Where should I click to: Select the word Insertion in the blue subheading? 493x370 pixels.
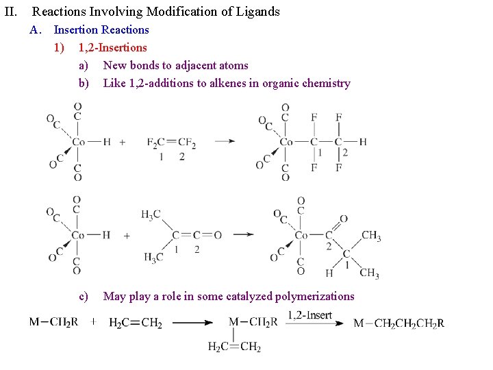click(x=76, y=29)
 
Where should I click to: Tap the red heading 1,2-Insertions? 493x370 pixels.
click(x=112, y=47)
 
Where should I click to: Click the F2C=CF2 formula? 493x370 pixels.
click(x=171, y=143)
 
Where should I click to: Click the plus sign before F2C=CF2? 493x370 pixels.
click(x=123, y=143)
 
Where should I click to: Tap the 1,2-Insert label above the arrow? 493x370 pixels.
click(x=309, y=314)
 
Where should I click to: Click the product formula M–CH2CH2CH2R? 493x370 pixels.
click(x=399, y=323)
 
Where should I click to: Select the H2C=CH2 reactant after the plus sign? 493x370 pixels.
click(x=135, y=323)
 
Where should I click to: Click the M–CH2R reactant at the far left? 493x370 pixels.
click(x=53, y=321)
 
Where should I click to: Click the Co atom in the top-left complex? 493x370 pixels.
click(x=79, y=142)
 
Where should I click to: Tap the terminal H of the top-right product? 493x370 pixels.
click(x=362, y=142)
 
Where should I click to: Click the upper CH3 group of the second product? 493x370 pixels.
click(x=371, y=236)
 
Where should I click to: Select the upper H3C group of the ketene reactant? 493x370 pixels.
click(x=151, y=215)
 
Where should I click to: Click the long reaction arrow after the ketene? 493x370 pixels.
click(x=244, y=235)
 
